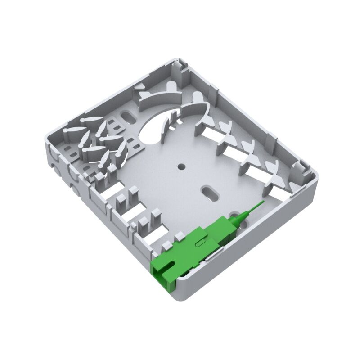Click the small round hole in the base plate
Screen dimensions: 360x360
pos(181,166)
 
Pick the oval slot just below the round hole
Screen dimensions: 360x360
pos(209,192)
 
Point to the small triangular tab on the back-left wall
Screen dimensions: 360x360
pos(141,86)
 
